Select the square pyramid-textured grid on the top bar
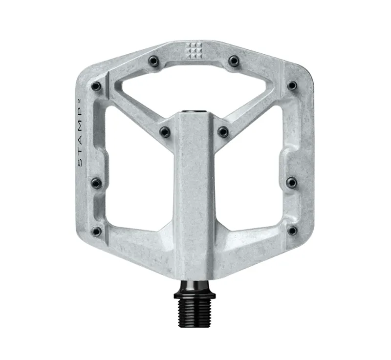(x=194, y=50)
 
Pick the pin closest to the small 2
(x=97, y=86)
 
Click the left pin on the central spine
(x=165, y=131)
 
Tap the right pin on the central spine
(x=223, y=131)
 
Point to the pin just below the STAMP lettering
(x=97, y=183)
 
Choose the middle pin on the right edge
(x=292, y=183)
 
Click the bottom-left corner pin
(x=97, y=231)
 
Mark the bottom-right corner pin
(x=292, y=231)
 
